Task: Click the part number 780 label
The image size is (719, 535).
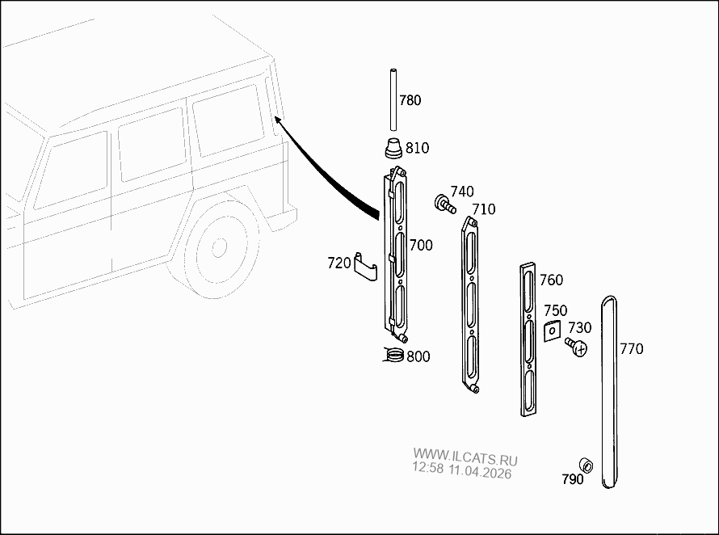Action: click(x=410, y=100)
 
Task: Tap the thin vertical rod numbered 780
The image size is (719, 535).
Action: click(x=393, y=99)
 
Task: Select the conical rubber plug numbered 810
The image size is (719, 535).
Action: click(x=392, y=148)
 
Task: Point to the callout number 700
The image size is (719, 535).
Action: click(x=421, y=246)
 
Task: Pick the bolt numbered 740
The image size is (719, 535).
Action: click(x=445, y=204)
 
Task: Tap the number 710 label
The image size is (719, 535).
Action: click(x=484, y=209)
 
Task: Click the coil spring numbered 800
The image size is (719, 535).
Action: click(x=393, y=354)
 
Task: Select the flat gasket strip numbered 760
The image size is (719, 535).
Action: click(x=528, y=339)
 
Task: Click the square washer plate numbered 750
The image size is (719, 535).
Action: click(x=552, y=331)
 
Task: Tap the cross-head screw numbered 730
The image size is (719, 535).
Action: click(x=576, y=348)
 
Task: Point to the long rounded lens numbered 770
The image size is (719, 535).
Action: click(x=609, y=392)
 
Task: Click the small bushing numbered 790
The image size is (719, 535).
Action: click(x=586, y=465)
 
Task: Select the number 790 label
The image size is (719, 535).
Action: click(x=573, y=479)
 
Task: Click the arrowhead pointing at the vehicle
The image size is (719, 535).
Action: click(x=278, y=121)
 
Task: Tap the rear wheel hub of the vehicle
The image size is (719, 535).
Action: click(x=219, y=248)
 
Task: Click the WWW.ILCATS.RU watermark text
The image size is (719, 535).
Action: click(x=465, y=457)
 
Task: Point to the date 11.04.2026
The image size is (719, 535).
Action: click(x=480, y=471)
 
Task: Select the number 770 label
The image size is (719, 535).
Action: click(x=632, y=349)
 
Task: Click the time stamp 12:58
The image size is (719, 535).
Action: click(x=428, y=468)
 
